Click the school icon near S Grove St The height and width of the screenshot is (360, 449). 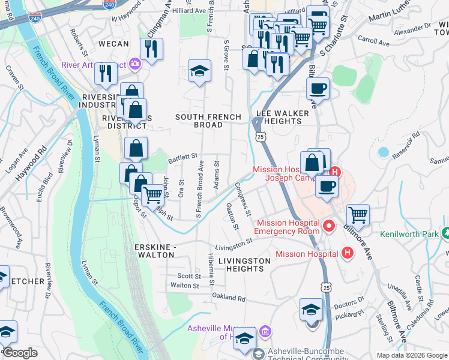[x=199, y=71]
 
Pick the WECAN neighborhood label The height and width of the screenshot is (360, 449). [x=113, y=44]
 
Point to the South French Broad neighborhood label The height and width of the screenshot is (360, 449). [x=208, y=121]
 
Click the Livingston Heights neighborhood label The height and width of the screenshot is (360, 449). [x=244, y=265]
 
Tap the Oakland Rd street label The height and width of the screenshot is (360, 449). [x=229, y=298]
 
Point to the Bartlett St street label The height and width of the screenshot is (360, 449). [x=182, y=156]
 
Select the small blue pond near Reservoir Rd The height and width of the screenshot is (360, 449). [x=383, y=152]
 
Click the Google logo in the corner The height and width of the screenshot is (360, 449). [x=19, y=353]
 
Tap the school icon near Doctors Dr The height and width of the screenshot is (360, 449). [x=311, y=310]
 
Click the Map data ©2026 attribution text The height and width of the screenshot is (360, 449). [x=412, y=355]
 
